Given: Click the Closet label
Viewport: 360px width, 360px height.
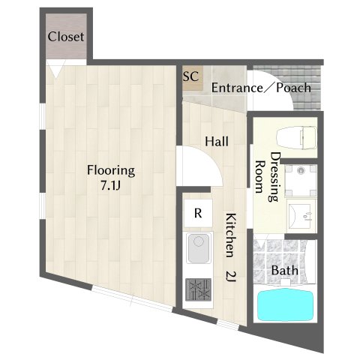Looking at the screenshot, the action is (66, 37).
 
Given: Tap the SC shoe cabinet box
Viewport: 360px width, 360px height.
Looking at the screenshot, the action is (193, 78).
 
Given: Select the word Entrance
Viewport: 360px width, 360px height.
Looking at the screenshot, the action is (237, 88).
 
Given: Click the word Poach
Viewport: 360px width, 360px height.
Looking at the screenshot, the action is (293, 88).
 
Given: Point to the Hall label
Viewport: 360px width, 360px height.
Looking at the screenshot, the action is (217, 142).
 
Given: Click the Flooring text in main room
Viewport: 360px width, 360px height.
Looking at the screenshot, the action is (111, 171).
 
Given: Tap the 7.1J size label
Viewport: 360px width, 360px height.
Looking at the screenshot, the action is (111, 186).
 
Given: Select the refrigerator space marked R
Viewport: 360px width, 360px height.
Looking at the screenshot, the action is (198, 213).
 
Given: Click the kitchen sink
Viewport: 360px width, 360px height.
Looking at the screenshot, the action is (199, 248).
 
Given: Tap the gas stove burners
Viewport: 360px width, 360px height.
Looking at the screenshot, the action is (198, 289).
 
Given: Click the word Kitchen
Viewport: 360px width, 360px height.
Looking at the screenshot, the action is (230, 235).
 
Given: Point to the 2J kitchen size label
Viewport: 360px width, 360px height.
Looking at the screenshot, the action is (230, 277).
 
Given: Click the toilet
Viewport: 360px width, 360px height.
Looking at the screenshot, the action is (297, 138).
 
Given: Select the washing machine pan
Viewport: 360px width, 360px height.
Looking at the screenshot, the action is (301, 181).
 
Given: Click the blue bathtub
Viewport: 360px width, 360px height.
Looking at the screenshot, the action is (286, 305).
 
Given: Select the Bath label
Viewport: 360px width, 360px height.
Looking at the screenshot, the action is (284, 270).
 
